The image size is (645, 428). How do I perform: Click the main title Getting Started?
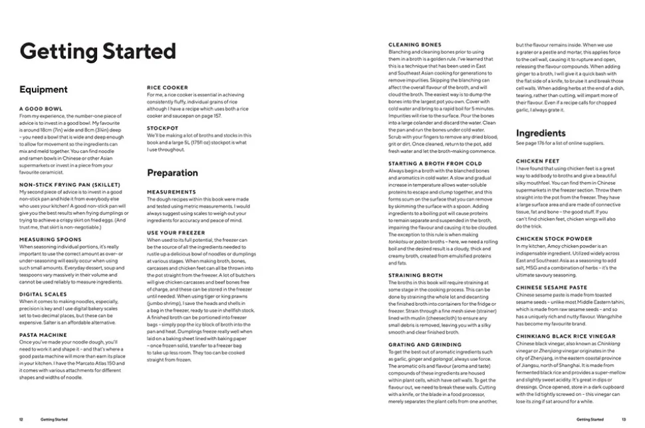coord(98,52)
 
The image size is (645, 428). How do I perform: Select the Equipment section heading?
coord(43,90)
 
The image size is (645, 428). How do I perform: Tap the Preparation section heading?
coord(172,173)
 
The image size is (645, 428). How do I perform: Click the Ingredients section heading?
coord(541,133)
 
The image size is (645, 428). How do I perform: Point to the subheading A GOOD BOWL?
coord(41,108)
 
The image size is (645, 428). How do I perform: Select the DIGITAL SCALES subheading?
coord(43,294)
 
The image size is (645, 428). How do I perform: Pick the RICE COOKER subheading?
coord(167,87)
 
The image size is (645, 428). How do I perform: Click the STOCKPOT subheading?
coord(162,128)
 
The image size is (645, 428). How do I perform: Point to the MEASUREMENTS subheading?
coord(171,191)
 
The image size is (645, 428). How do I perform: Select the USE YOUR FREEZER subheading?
coord(176,232)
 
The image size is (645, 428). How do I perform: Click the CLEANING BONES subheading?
coord(414,45)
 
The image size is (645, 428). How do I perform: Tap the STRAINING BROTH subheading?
coord(415,274)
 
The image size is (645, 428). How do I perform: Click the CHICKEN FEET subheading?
coord(537,161)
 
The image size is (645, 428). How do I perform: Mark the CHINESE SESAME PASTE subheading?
coord(551,287)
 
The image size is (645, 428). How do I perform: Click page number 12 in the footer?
coord(21,419)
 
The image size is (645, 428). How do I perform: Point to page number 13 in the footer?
coord(624,419)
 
